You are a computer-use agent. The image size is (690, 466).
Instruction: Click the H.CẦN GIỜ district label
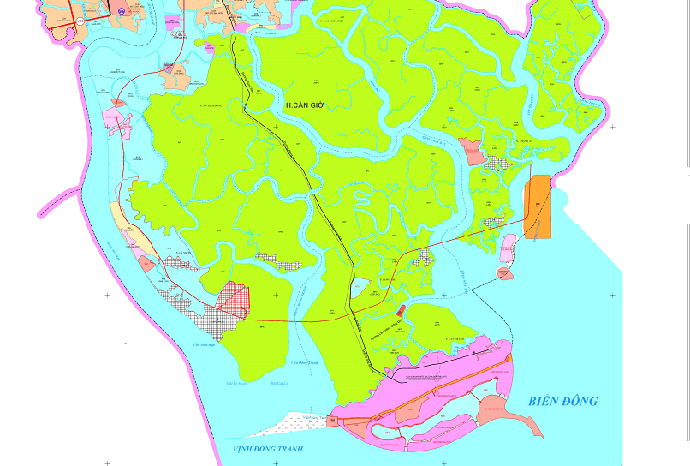pos(306,105)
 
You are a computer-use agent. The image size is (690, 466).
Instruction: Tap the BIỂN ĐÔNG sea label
pos(562,401)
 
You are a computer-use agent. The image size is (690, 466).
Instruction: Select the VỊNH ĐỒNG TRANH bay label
pos(268,448)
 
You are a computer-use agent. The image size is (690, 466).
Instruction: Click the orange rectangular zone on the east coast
pos(538,206)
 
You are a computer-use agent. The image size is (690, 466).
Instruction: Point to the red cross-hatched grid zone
pos(232,300)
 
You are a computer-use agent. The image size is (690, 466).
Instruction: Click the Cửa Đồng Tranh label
pos(304,362)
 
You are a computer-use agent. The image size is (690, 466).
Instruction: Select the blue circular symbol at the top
pos(122,11)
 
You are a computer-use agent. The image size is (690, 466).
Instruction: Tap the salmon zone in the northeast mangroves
pos(470,151)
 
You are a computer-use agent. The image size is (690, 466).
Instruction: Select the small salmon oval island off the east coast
pos(504,273)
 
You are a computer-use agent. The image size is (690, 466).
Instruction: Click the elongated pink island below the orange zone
pos(508,248)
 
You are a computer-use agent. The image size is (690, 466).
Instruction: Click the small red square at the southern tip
pos(332,421)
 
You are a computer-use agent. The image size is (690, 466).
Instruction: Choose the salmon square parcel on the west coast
pos(147,264)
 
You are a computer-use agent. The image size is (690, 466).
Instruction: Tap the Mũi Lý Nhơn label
pos(236,383)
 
